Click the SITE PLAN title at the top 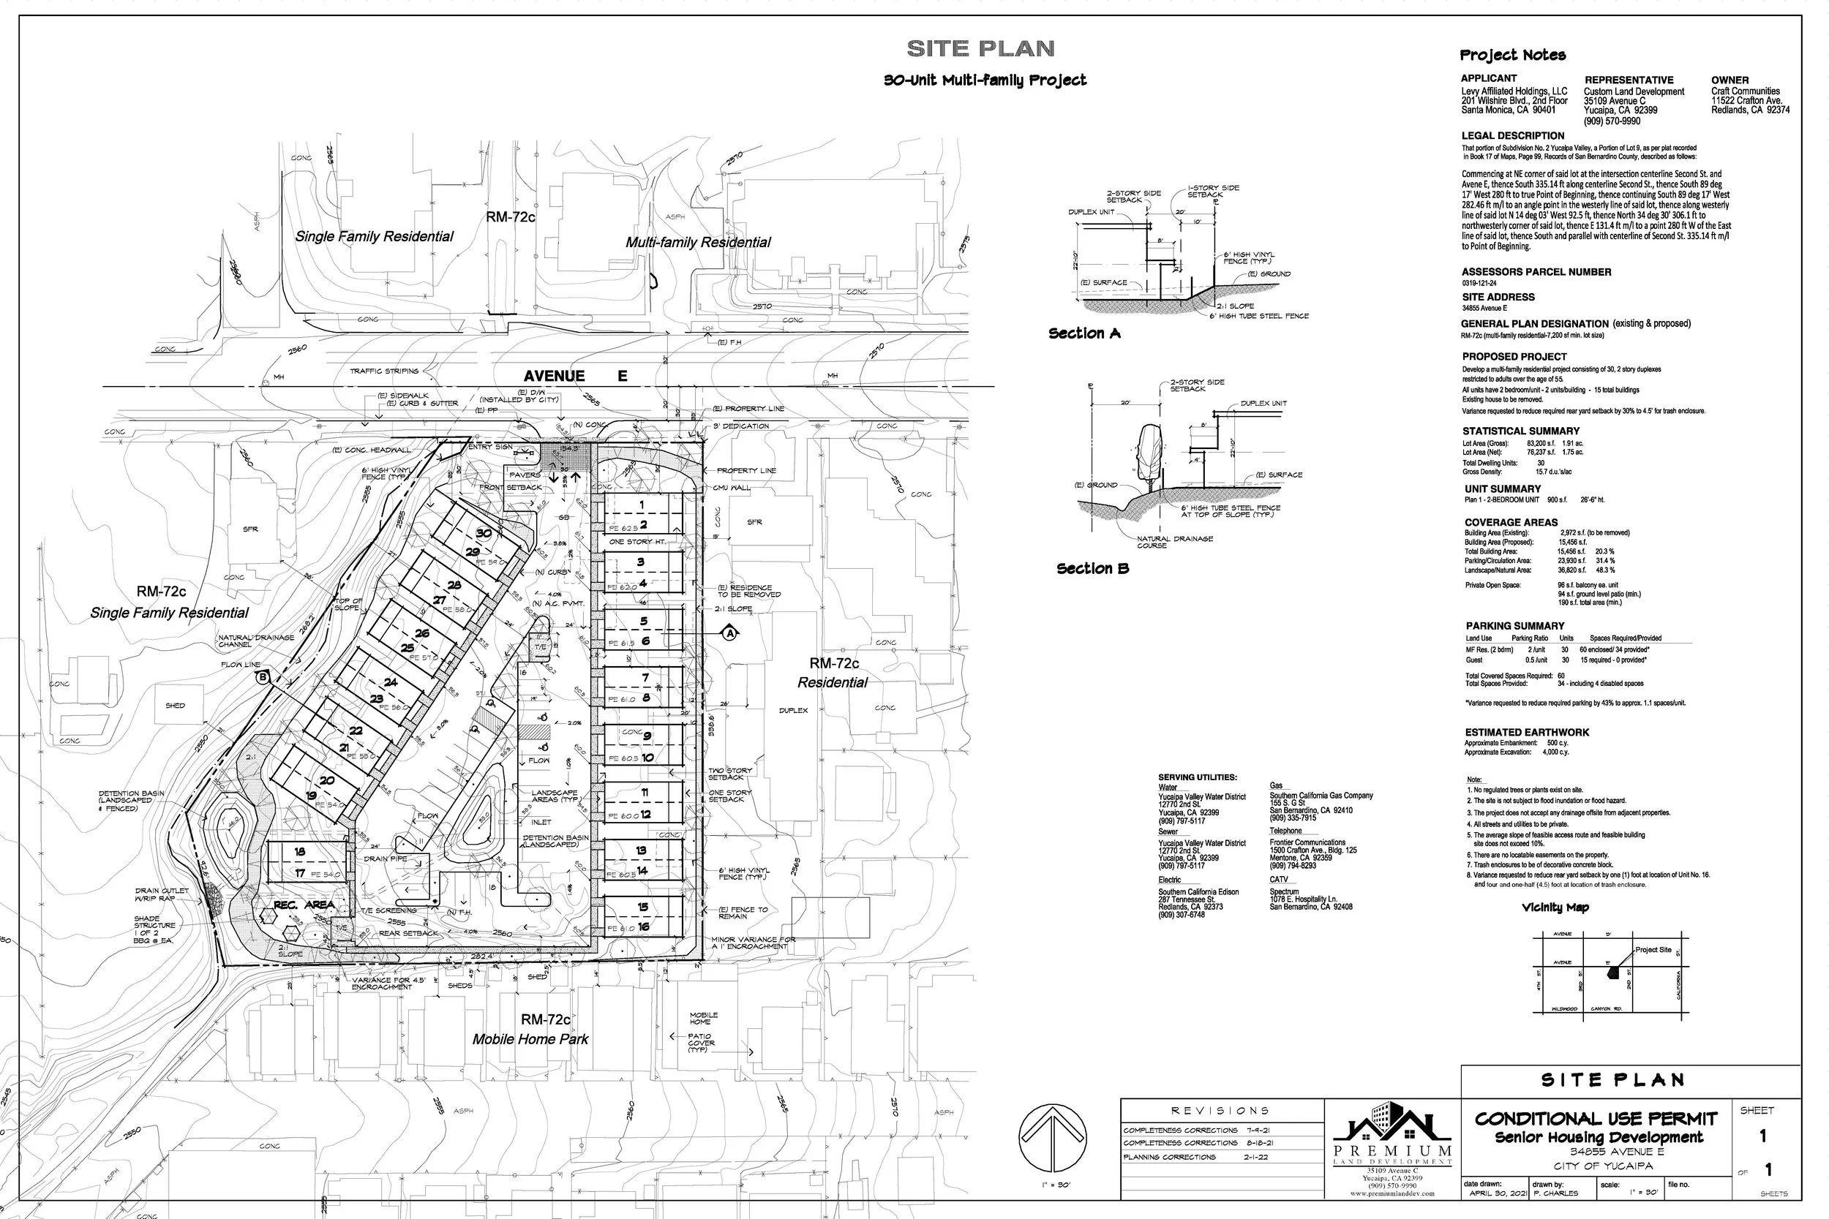980,49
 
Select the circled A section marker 730,633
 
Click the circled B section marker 263,677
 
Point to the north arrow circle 1052,1138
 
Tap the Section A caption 1084,333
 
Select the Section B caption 1092,569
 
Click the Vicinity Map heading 1555,907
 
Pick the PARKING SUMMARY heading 1515,626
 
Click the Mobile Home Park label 530,1039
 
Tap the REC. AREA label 304,905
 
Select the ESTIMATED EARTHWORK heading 1527,732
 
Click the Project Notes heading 1512,55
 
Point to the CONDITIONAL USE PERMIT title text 1596,1119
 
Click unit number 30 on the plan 484,533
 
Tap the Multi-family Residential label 697,243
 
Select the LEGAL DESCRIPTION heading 1512,135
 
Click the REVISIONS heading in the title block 1220,1111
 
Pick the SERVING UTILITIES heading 1198,777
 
